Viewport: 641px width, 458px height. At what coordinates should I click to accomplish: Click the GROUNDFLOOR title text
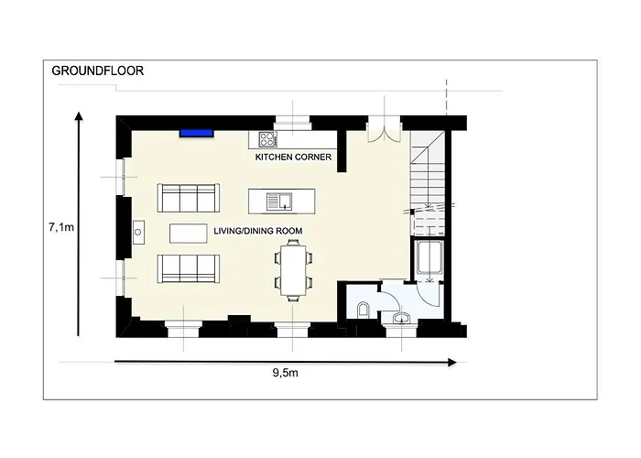pyautogui.click(x=98, y=70)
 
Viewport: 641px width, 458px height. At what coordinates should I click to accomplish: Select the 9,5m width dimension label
pyautogui.click(x=286, y=375)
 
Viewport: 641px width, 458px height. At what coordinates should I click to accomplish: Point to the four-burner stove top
pyautogui.click(x=268, y=140)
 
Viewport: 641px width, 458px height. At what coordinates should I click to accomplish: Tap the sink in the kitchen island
pyautogui.click(x=277, y=199)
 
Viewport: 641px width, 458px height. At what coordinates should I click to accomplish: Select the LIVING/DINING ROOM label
pyautogui.click(x=257, y=230)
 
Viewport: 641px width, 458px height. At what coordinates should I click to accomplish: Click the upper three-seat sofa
pyautogui.click(x=190, y=197)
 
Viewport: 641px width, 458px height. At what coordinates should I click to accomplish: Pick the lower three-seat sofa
pyautogui.click(x=190, y=267)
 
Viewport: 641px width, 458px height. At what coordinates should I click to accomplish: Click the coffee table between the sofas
pyautogui.click(x=189, y=233)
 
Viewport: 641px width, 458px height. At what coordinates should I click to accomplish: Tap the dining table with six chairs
pyautogui.click(x=293, y=270)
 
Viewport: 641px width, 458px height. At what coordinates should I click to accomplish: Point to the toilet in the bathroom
pyautogui.click(x=364, y=309)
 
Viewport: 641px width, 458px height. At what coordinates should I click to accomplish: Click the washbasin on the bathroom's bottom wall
pyautogui.click(x=400, y=318)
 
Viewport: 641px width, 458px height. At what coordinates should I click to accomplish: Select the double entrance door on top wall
pyautogui.click(x=383, y=131)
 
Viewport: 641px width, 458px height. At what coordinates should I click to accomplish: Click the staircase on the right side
pyautogui.click(x=428, y=179)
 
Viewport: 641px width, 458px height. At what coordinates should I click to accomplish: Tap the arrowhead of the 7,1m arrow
pyautogui.click(x=80, y=116)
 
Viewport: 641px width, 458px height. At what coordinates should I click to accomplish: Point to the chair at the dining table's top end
pyautogui.click(x=293, y=243)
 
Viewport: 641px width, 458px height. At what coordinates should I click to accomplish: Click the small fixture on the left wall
pyautogui.click(x=138, y=231)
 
